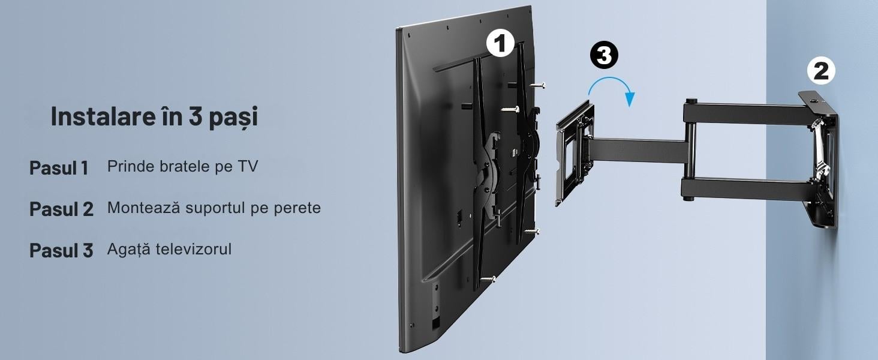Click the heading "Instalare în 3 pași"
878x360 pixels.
click(x=155, y=116)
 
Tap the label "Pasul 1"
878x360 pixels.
click(x=59, y=168)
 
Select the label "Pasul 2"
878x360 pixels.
click(x=62, y=209)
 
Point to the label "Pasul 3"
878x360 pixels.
click(x=62, y=250)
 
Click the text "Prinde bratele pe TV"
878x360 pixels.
click(x=183, y=166)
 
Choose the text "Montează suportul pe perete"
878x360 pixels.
click(x=214, y=208)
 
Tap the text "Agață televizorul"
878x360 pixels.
click(x=169, y=250)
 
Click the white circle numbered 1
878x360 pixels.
click(x=500, y=44)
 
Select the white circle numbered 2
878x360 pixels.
click(x=821, y=71)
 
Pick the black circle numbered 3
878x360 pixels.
click(x=604, y=55)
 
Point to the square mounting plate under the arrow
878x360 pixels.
click(x=575, y=153)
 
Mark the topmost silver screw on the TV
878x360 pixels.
click(x=537, y=85)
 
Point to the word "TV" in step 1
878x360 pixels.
click(x=248, y=166)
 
